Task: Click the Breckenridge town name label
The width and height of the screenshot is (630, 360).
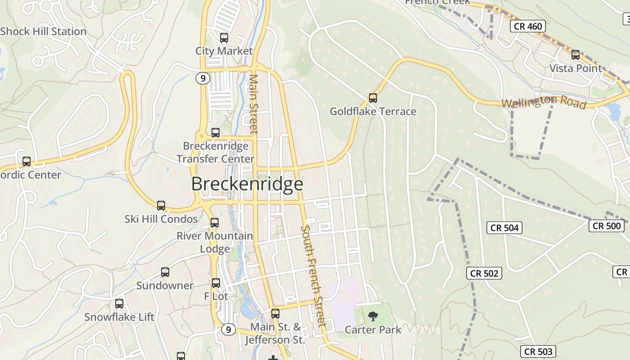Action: coord(247,184)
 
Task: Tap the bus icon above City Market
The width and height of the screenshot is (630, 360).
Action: coord(224,38)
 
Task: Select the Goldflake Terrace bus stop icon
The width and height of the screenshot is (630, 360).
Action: coord(373,98)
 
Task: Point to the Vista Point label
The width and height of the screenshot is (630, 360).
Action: coord(575,68)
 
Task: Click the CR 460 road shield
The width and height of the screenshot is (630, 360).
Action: coord(528,27)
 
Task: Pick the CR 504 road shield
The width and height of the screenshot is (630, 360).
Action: coord(504,228)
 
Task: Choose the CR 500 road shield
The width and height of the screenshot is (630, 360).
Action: coord(606,226)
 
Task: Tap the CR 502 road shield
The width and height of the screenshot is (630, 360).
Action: coord(485,273)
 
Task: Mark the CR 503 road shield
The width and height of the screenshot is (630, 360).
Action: coord(538,351)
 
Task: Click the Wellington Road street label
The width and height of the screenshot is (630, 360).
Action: coord(544,102)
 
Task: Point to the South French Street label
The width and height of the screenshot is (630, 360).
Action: coord(313,275)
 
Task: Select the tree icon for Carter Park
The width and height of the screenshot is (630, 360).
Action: coord(373,317)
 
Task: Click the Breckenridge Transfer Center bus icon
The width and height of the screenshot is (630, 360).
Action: coord(216,133)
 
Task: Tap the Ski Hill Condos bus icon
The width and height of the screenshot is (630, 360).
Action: coord(161,206)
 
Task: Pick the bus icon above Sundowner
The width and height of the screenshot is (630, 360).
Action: coord(165,272)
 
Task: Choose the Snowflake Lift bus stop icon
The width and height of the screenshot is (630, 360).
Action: coord(119,304)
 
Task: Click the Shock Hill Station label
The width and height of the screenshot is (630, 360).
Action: coord(43,31)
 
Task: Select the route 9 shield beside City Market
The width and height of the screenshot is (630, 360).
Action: coord(203,78)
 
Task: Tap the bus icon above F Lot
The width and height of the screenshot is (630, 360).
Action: coord(216,283)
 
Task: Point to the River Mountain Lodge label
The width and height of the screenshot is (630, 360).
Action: coord(215,242)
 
